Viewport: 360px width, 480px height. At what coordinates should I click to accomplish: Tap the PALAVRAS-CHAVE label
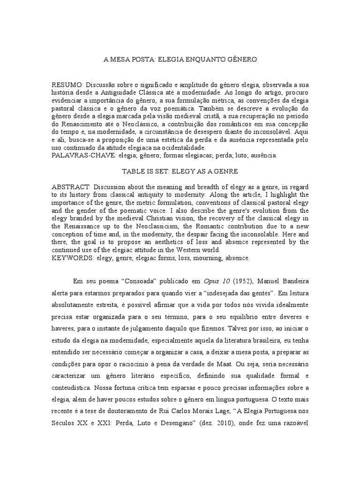click(x=82, y=155)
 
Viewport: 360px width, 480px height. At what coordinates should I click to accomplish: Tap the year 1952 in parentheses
click(x=242, y=282)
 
